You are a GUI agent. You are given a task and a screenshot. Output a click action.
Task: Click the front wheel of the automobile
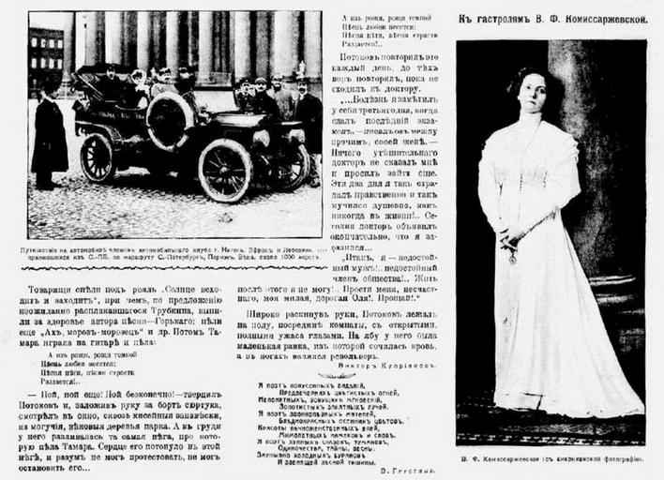pos(226,170)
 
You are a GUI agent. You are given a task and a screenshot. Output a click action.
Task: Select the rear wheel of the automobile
pos(98,157)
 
